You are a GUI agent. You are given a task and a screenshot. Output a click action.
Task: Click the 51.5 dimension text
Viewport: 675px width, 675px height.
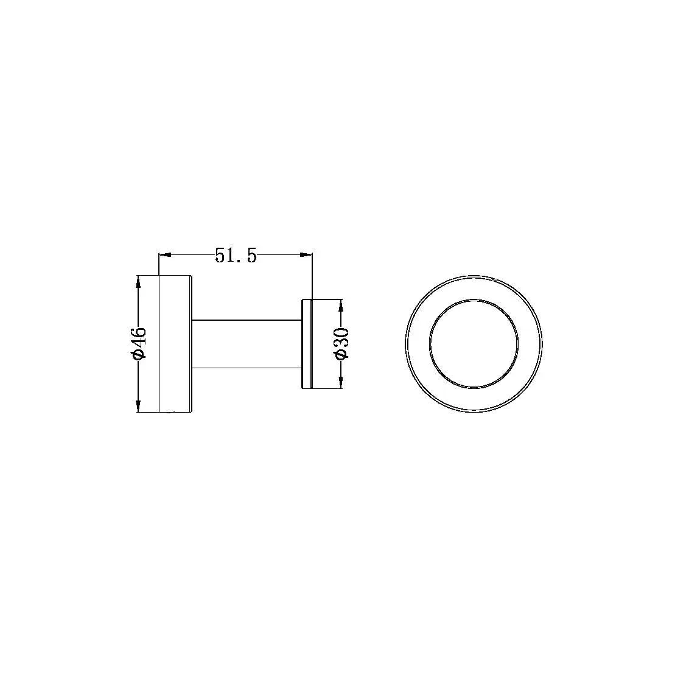(x=236, y=256)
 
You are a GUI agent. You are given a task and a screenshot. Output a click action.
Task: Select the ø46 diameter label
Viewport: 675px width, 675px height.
(x=139, y=343)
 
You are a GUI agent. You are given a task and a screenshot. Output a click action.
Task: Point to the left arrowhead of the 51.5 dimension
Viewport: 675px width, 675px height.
(x=164, y=255)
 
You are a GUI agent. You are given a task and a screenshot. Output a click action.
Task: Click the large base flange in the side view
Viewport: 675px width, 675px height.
(x=175, y=344)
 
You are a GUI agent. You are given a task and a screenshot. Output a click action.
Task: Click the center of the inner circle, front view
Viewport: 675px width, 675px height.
(x=474, y=343)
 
